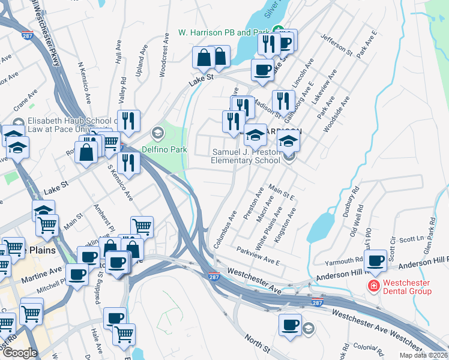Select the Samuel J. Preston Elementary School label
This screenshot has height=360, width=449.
tap(246, 156)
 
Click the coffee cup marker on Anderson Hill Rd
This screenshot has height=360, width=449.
tap(376, 261)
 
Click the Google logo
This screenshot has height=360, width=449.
tap(20, 352)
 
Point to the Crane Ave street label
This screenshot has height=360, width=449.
tap(26, 100)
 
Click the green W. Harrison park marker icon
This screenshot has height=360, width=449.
tap(278, 31)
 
